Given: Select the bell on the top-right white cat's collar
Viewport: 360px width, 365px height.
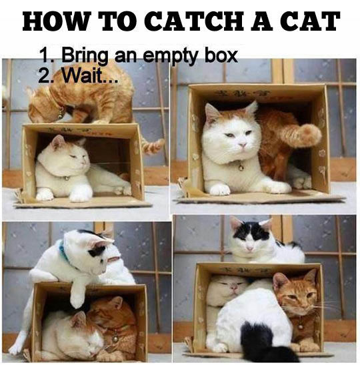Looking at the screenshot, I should click(x=240, y=167).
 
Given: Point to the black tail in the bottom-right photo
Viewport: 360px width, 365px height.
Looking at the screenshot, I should click(x=258, y=342).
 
